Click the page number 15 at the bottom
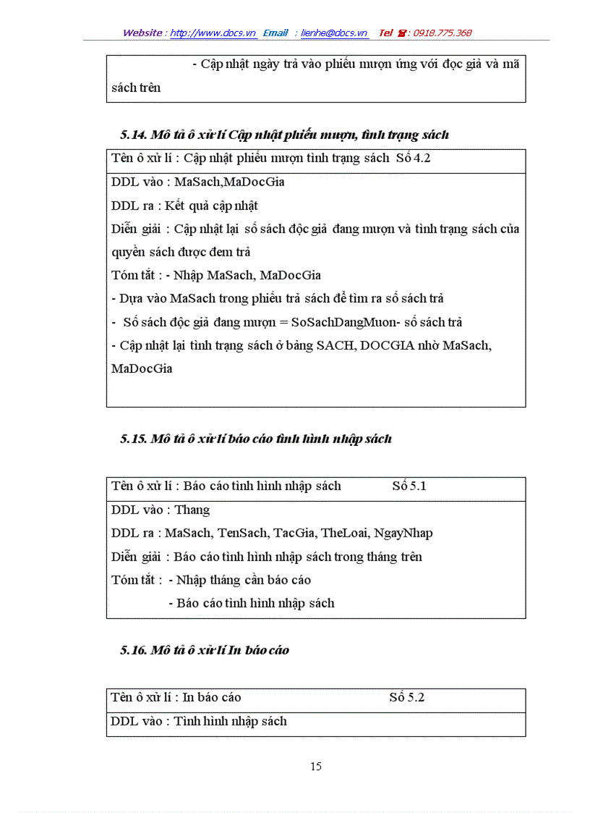click(316, 766)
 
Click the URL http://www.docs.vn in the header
click(213, 33)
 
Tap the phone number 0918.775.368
click(442, 33)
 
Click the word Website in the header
click(142, 33)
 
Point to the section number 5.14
click(134, 135)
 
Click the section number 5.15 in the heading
click(134, 439)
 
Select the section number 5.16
click(134, 650)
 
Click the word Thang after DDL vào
click(192, 510)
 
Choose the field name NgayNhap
click(403, 534)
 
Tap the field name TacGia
click(294, 534)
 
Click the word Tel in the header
click(386, 33)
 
